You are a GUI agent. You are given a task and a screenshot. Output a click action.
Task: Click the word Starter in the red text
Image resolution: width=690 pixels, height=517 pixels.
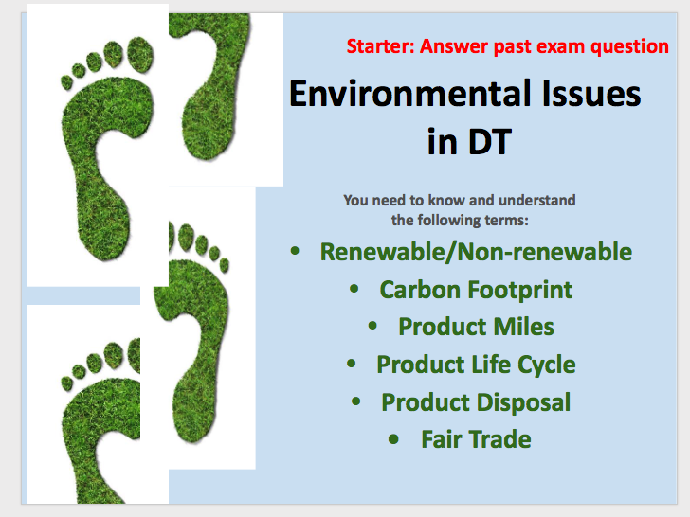(x=381, y=46)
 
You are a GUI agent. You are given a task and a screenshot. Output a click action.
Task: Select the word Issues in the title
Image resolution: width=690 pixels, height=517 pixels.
(x=591, y=93)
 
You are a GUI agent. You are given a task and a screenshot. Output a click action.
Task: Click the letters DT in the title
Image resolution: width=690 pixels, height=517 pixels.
(x=489, y=142)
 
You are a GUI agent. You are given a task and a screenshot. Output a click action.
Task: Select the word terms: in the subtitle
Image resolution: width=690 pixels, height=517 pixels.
(x=506, y=220)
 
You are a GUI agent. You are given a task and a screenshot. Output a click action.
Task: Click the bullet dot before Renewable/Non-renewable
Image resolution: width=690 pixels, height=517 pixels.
(x=295, y=251)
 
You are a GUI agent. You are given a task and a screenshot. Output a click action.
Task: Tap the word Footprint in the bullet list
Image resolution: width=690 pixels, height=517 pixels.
(x=519, y=290)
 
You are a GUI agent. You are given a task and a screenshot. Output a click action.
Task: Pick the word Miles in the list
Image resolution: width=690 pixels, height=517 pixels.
(x=523, y=327)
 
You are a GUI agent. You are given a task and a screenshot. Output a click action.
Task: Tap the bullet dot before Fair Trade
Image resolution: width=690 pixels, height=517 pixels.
(x=394, y=439)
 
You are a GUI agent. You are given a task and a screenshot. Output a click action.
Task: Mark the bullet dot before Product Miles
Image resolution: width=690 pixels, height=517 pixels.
(x=372, y=326)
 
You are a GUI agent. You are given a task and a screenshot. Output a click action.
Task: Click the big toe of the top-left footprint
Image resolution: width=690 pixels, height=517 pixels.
(x=140, y=54)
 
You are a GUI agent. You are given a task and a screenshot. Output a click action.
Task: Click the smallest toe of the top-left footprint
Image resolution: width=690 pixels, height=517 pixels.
(x=66, y=82)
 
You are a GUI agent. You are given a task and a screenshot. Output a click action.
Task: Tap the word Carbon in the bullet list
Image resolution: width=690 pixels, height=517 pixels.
(x=420, y=290)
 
